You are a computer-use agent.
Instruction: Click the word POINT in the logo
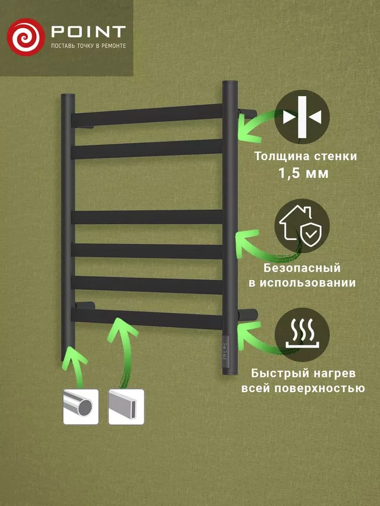click(87, 32)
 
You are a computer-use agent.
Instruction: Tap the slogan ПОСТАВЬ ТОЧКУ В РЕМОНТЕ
click(87, 46)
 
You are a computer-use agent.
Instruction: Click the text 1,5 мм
click(303, 173)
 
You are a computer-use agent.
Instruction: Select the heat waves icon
click(302, 335)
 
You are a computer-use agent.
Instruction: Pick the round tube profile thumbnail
click(80, 406)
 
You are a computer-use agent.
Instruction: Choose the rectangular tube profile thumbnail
click(126, 406)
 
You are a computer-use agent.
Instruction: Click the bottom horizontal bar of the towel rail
click(147, 318)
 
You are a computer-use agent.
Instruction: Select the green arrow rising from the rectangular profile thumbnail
click(122, 344)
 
